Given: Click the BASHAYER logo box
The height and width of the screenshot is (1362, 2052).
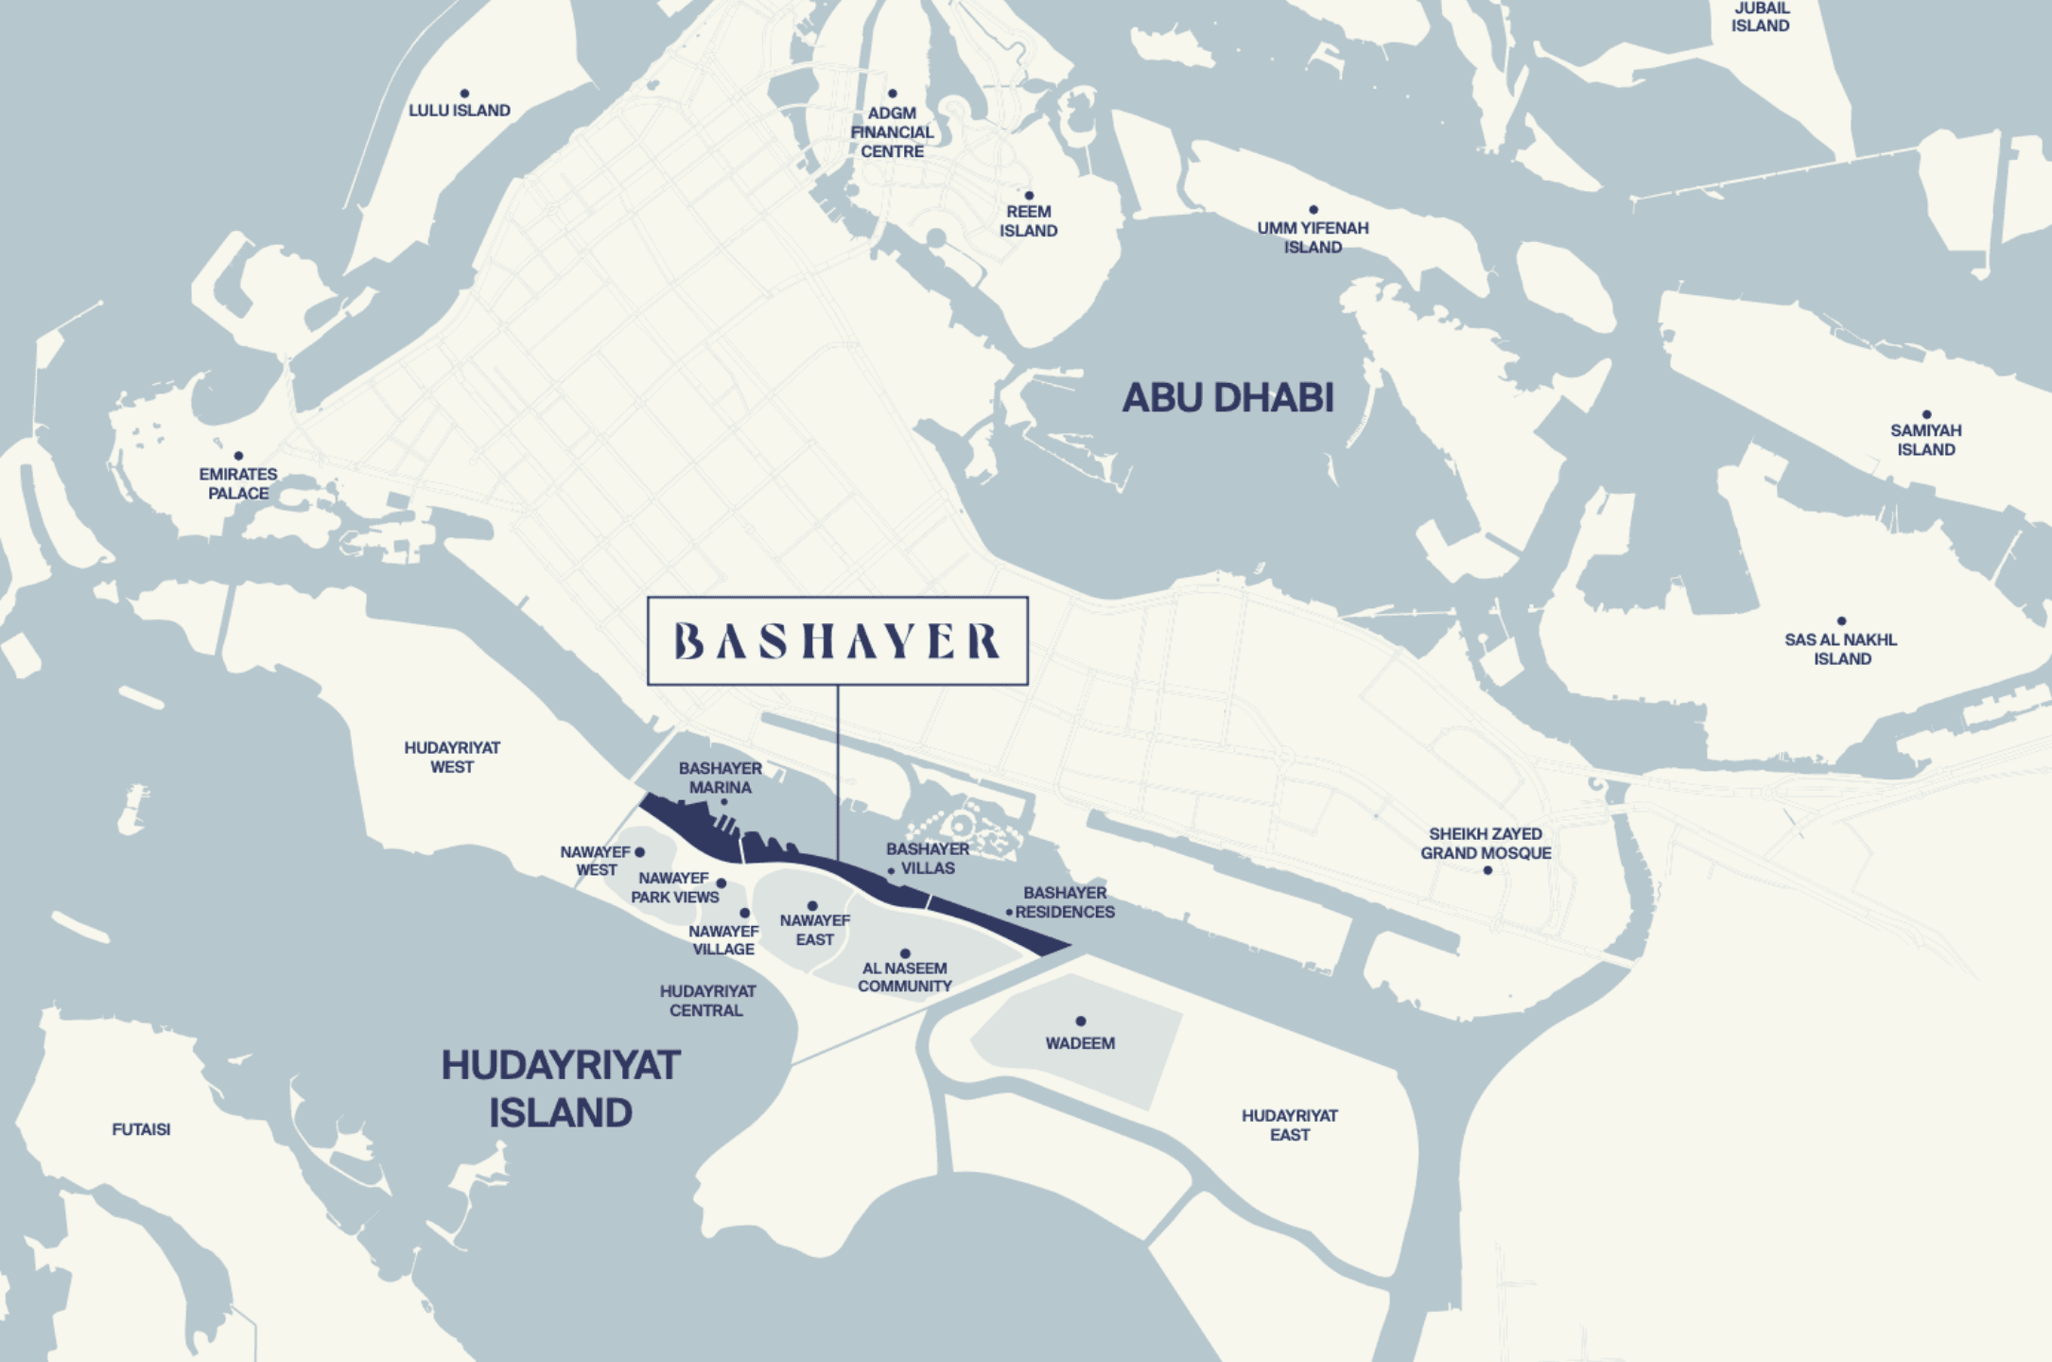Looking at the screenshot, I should pos(837,640).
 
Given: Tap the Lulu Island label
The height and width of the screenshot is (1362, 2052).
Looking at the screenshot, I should pos(460,111).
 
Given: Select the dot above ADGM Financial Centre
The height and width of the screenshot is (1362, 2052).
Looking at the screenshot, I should pos(892,94).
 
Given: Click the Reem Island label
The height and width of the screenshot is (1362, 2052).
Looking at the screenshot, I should pos(1028,221).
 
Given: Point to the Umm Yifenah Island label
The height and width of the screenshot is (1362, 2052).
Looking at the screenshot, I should pos(1313,237).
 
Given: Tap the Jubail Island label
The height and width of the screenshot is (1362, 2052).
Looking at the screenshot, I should pos(1760,17).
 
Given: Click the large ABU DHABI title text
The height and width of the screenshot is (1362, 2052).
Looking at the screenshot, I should pos(1227,398).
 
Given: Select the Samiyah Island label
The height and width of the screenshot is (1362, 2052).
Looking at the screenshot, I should pos(1925,440).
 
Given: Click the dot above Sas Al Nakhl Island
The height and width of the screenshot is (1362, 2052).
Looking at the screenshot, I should pos(1841,621).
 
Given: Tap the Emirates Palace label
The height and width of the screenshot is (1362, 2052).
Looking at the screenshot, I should pos(238,483).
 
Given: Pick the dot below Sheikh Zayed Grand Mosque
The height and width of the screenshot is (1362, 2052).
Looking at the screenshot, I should pos(1487,870).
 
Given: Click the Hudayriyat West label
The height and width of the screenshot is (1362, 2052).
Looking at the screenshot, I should pos(452,758).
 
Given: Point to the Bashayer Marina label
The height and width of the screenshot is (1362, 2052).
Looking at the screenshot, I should pos(720,777).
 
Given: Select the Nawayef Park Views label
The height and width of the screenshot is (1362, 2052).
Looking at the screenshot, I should pos(674,888).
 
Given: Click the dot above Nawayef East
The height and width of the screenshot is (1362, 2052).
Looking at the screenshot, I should pos(812,906).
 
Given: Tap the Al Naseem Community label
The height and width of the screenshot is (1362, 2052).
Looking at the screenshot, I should pos(904,977).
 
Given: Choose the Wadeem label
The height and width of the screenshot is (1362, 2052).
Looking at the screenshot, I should pos(1080,1043).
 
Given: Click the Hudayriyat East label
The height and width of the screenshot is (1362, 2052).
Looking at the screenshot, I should pos(1289,1125).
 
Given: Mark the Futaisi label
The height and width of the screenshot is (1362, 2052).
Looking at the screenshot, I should pos(141,1129).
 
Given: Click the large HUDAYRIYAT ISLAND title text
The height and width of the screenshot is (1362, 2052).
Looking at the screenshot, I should pos(561,1089).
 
